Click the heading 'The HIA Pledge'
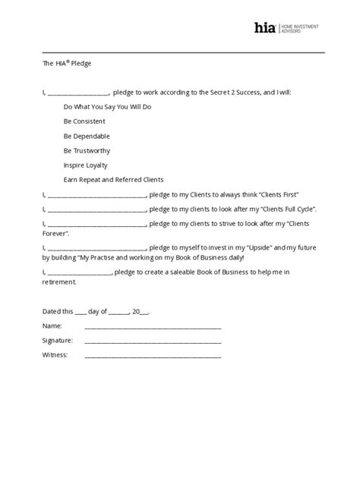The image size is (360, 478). point(68,64)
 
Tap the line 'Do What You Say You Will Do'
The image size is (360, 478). point(108,107)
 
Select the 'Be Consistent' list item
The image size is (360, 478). point(84,121)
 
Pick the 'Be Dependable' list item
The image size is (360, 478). point(87,136)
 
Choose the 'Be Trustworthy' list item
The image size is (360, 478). point(87,150)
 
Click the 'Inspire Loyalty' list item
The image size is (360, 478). point(86,165)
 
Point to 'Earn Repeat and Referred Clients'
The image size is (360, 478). point(114,179)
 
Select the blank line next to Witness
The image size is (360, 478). point(153,354)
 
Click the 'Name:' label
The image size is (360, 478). point(52,325)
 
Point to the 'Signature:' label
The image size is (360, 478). point(58,340)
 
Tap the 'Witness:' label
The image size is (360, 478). point(55,354)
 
